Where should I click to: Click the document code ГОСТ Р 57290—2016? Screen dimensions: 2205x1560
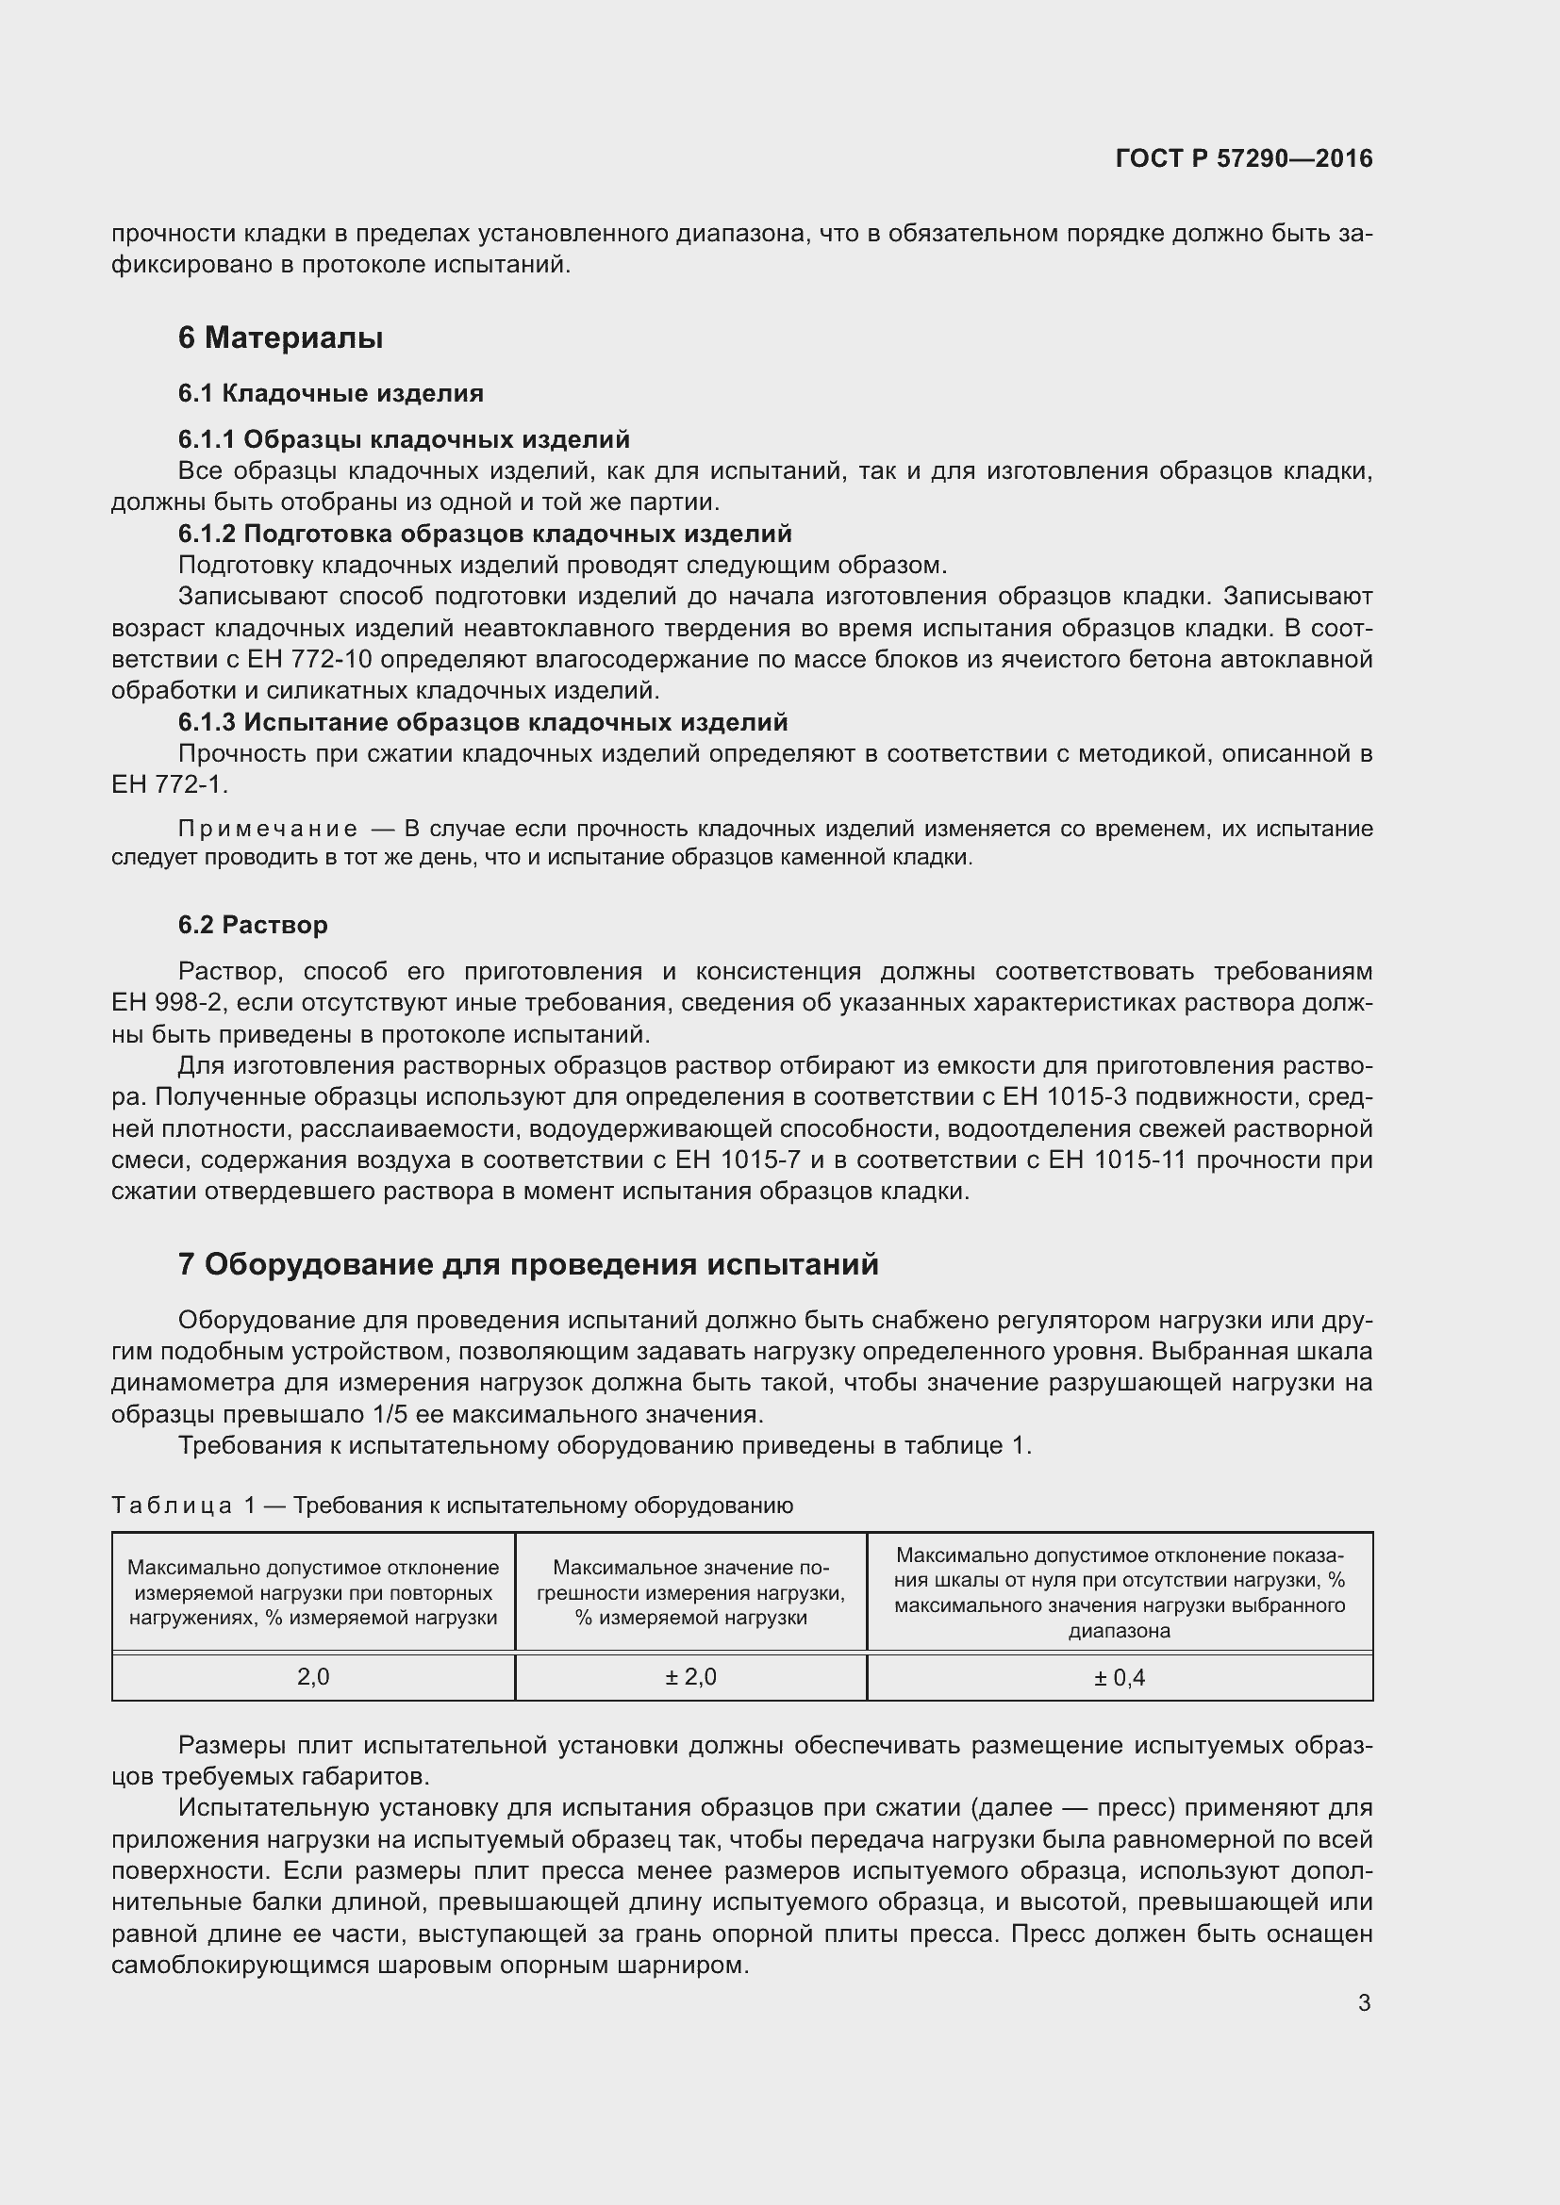pos(1243,158)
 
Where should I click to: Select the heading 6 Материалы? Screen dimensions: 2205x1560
pos(280,338)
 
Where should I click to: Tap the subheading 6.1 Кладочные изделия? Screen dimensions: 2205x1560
pos(330,394)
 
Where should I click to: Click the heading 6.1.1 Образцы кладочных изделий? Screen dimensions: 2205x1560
pos(404,440)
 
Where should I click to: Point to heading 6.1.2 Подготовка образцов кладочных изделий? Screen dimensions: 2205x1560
pos(485,534)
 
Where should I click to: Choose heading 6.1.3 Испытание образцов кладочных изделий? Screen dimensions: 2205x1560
pos(482,722)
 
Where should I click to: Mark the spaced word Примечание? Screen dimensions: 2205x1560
pos(268,829)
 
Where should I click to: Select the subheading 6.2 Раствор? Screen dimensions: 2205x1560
pos(253,925)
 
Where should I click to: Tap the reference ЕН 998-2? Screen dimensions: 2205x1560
pos(167,1004)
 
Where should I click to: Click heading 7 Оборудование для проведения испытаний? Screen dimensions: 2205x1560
pos(528,1265)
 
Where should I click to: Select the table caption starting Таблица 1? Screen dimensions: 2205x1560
pos(452,1505)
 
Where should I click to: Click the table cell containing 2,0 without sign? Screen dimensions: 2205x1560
pos(313,1677)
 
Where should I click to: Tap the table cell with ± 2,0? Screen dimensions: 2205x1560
pos(690,1677)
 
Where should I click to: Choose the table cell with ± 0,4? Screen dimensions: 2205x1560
pos(1120,1678)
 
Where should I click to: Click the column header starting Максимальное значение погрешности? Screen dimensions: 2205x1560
pos(690,1592)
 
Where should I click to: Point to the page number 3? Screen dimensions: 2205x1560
pos(1364,2003)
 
